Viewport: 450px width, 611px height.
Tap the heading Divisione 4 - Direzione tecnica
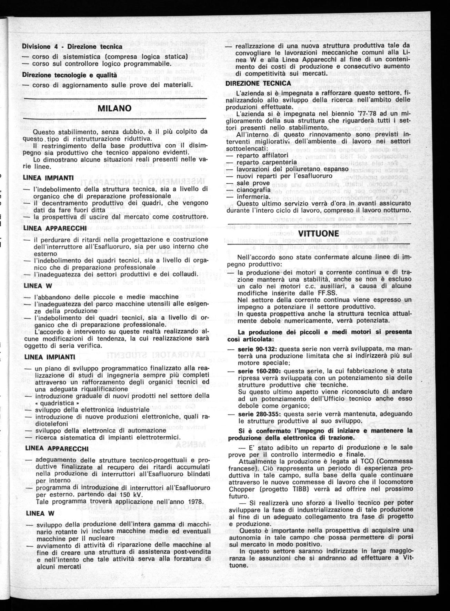72,46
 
